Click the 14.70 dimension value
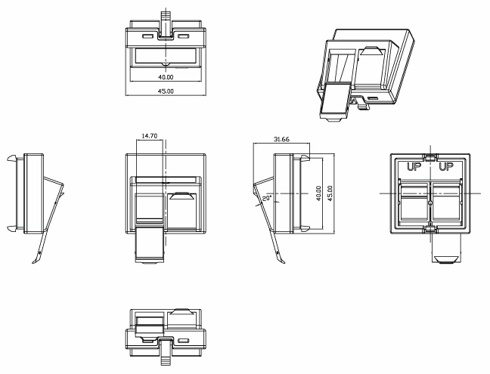point(150,136)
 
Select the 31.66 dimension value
point(281,139)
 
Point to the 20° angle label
point(267,198)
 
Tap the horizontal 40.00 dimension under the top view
point(166,77)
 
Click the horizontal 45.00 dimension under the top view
point(166,91)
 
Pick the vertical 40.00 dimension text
point(318,193)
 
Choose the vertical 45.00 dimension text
point(330,193)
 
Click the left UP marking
point(414,167)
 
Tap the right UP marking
point(446,167)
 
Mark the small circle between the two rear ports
point(430,203)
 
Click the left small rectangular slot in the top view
point(147,36)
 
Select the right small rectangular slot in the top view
point(184,36)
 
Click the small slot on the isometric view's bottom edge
point(373,99)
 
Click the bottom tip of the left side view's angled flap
point(33,262)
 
